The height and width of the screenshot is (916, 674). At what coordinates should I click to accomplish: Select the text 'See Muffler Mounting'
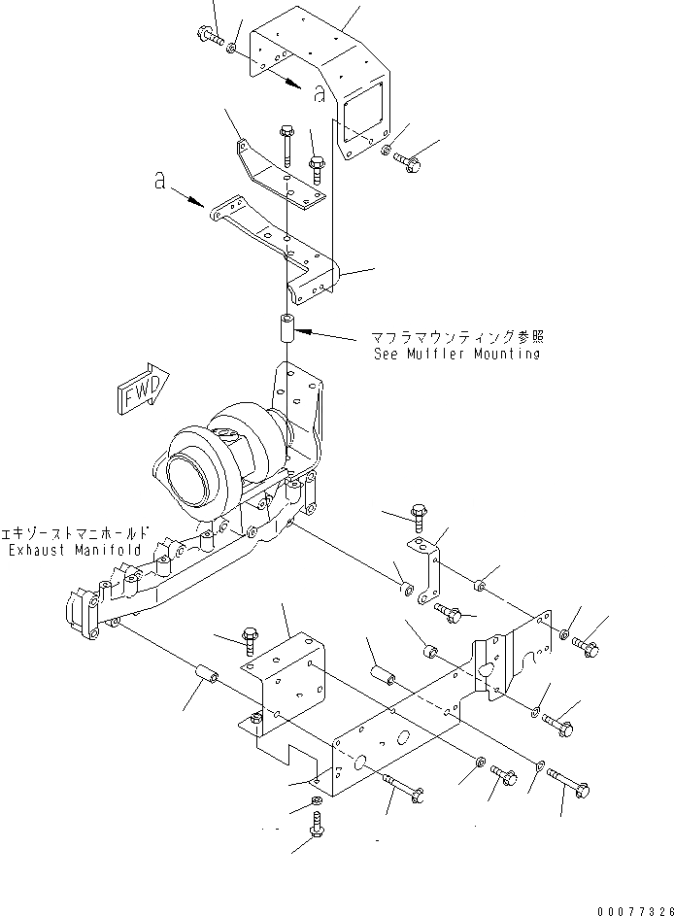point(455,355)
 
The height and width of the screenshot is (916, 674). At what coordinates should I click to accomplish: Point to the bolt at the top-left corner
point(211,37)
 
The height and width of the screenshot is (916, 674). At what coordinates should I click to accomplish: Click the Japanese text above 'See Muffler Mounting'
point(455,337)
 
